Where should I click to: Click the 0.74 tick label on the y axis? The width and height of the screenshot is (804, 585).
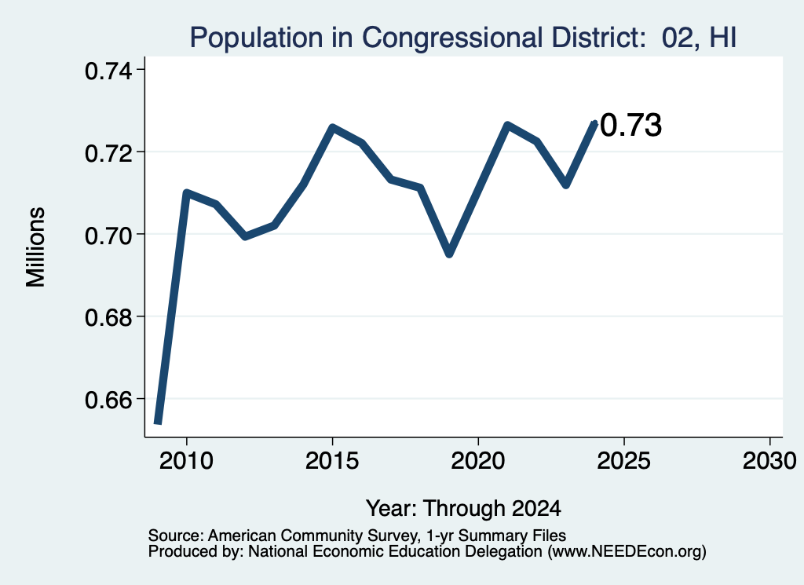tap(108, 71)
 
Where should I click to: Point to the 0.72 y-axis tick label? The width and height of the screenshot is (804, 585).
tap(108, 153)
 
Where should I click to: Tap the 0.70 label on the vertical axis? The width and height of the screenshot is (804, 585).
tap(108, 236)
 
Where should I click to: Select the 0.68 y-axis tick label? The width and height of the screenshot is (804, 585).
tap(108, 317)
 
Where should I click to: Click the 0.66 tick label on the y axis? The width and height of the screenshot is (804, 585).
tap(108, 400)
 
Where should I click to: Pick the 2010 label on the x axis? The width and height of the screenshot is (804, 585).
tap(186, 461)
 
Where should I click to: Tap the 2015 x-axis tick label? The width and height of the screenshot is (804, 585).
tap(332, 461)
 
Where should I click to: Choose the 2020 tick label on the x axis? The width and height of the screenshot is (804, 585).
tap(478, 461)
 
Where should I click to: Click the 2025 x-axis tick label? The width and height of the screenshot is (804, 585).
tap(624, 461)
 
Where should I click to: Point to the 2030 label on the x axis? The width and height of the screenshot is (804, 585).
tap(769, 461)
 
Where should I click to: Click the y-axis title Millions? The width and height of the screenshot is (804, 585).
tap(36, 247)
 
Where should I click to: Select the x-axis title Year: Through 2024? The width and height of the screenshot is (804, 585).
tap(463, 508)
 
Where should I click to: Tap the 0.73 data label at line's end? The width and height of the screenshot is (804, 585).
tap(630, 125)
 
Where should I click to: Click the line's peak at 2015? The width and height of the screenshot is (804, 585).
tap(332, 126)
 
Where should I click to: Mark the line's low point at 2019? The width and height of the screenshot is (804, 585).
tap(449, 254)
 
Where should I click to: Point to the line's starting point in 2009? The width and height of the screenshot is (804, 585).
tap(158, 422)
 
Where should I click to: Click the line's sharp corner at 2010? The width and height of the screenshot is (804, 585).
tap(186, 193)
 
